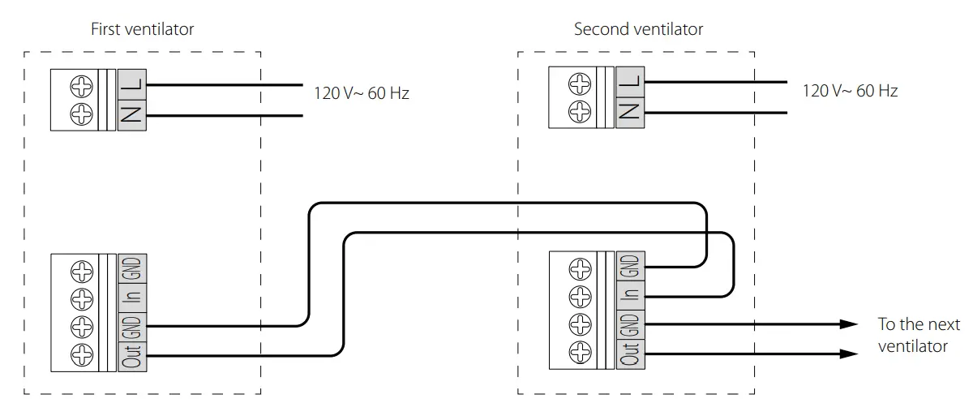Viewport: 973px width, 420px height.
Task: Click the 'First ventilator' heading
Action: click(142, 30)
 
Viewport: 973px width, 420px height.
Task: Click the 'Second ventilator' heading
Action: click(638, 30)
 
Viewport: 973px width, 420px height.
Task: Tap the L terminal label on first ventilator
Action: click(132, 84)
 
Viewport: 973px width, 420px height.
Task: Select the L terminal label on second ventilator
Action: click(630, 80)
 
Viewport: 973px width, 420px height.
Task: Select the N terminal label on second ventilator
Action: click(630, 112)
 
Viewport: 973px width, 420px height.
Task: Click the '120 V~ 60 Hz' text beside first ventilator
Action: click(362, 93)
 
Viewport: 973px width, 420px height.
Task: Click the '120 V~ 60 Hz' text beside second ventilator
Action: click(850, 91)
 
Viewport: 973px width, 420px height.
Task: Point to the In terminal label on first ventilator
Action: click(133, 296)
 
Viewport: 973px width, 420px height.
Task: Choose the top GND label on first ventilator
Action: click(133, 267)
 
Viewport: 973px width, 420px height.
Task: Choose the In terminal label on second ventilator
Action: click(630, 294)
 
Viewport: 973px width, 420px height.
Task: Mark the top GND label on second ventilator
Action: click(630, 264)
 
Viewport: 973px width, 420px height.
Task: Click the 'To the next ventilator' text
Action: click(918, 335)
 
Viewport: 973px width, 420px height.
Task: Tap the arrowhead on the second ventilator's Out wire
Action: click(848, 354)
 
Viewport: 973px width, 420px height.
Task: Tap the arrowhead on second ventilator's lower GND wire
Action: click(848, 324)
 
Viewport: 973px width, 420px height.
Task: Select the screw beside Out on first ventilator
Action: click(83, 356)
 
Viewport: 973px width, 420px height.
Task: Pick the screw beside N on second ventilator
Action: click(581, 112)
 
